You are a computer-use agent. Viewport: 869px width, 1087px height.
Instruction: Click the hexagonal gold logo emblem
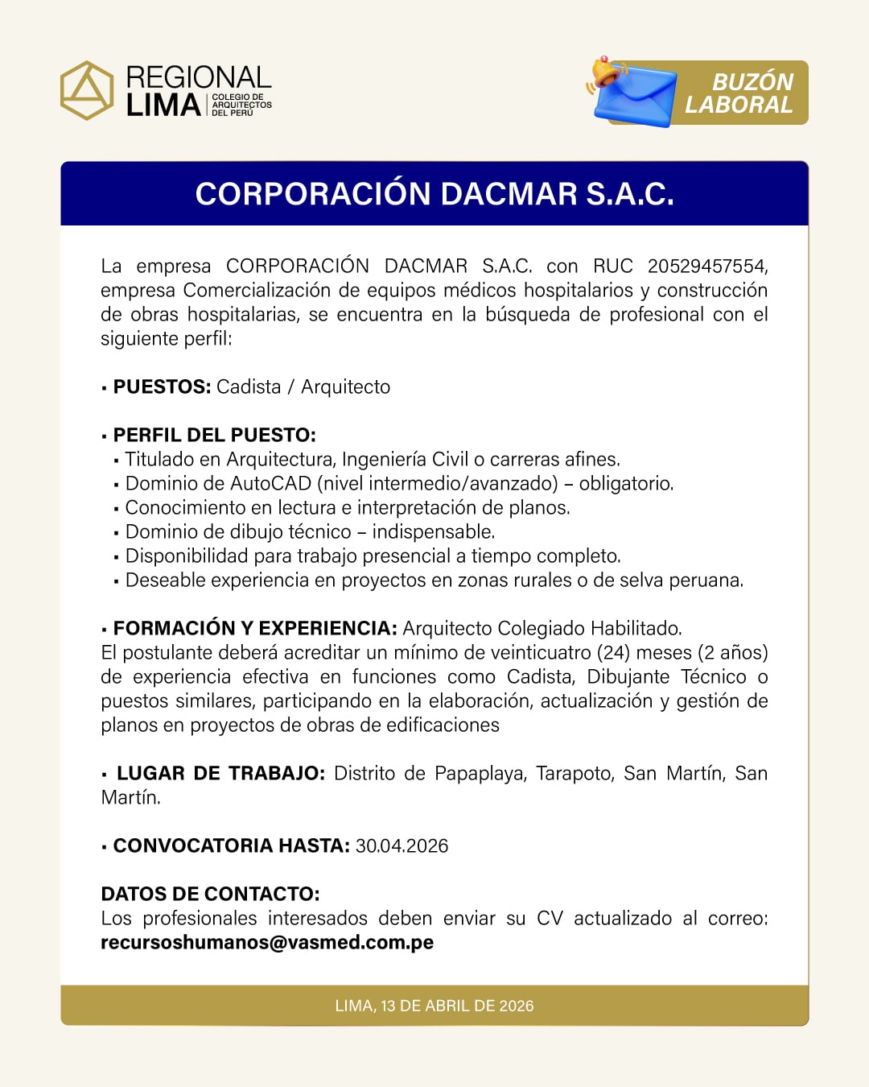[x=87, y=90]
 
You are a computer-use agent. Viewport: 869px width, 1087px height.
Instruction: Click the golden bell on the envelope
[x=605, y=72]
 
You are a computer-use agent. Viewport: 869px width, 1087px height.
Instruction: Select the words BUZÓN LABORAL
[x=739, y=93]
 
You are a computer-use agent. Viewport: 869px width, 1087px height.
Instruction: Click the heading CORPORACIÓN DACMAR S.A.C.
[x=434, y=194]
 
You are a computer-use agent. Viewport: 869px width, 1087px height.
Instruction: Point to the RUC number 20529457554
[x=706, y=267]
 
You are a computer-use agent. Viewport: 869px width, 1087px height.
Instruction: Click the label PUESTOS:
[x=162, y=387]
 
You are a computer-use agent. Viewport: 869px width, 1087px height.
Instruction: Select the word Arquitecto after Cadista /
[x=345, y=387]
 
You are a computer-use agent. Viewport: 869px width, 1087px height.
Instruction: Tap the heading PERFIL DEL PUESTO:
[x=214, y=436]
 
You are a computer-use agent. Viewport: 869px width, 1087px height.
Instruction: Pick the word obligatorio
[x=625, y=484]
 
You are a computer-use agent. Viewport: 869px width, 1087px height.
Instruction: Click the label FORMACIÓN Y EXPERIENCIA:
[x=255, y=629]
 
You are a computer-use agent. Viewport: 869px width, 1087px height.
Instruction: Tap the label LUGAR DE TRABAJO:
[x=220, y=774]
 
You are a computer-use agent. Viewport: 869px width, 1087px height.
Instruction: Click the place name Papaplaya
[x=480, y=774]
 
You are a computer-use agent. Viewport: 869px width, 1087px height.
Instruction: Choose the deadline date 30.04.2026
[x=402, y=846]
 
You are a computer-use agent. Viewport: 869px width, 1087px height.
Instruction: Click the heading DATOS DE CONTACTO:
[x=210, y=895]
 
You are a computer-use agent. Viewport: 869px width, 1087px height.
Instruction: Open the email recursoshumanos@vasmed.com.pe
[x=267, y=943]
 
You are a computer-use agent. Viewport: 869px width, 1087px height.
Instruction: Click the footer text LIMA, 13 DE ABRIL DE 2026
[x=434, y=1006]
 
